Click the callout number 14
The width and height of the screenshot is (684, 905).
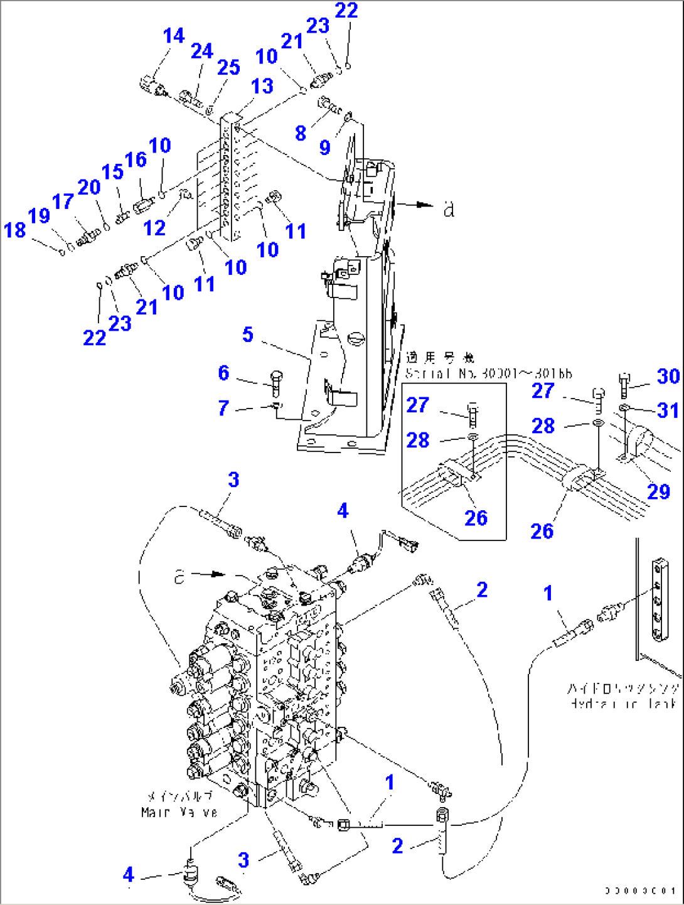click(x=174, y=36)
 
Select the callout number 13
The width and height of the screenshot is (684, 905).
click(x=262, y=86)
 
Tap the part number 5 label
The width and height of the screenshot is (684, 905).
click(x=248, y=335)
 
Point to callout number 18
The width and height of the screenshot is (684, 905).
click(x=15, y=230)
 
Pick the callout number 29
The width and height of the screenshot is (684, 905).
click(x=659, y=491)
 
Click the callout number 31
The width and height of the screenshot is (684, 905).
click(x=668, y=410)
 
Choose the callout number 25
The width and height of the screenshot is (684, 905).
click(x=228, y=67)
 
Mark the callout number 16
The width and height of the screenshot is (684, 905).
click(x=136, y=160)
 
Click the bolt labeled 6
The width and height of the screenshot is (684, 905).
click(x=277, y=382)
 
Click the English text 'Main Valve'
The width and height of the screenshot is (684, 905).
click(x=179, y=812)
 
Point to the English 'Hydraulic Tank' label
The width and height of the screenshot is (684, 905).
click(x=623, y=704)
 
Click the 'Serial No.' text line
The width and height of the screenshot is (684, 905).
click(x=488, y=373)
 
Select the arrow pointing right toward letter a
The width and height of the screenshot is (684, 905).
click(x=414, y=204)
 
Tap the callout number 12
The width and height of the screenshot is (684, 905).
click(x=154, y=228)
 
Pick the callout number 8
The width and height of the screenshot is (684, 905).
click(x=301, y=133)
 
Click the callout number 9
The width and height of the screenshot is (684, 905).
click(x=324, y=147)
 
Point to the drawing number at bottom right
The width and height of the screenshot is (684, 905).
click(x=640, y=891)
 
